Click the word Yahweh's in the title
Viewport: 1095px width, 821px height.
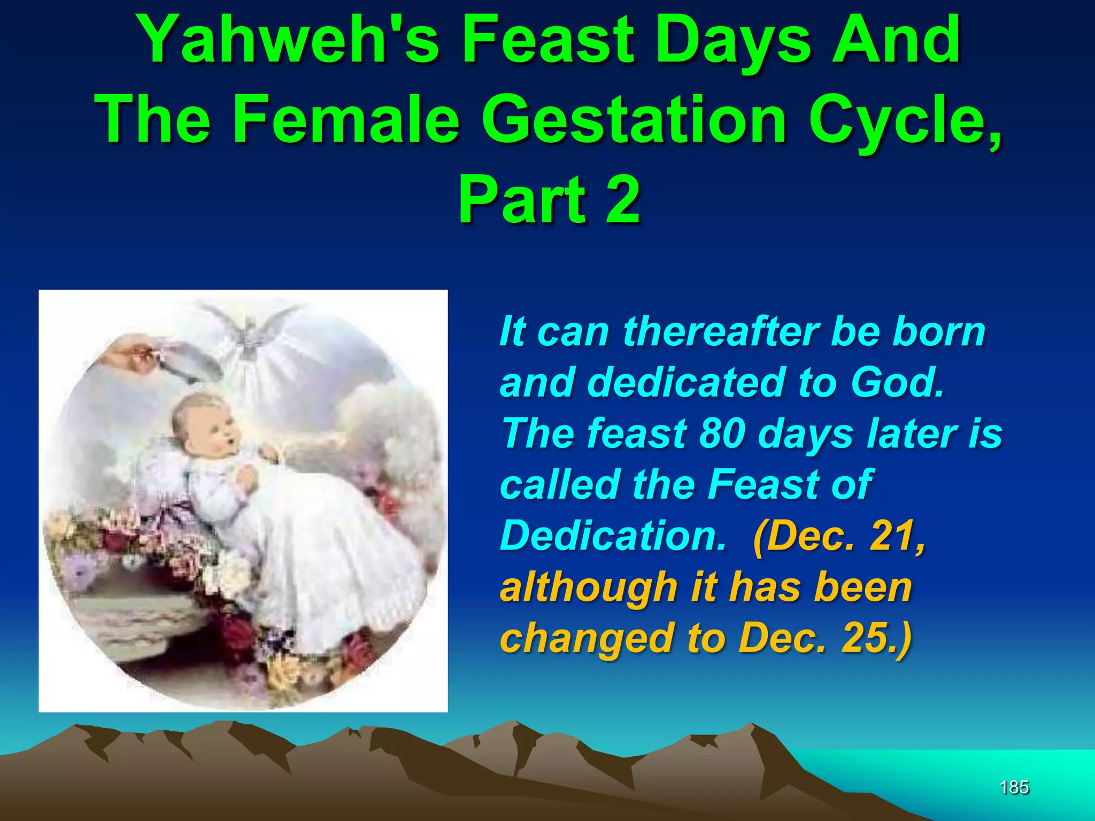(x=289, y=41)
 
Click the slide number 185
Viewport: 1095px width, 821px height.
(x=1014, y=787)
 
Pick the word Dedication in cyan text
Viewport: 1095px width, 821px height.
(x=613, y=536)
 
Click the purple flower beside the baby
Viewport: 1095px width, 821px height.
(x=80, y=569)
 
